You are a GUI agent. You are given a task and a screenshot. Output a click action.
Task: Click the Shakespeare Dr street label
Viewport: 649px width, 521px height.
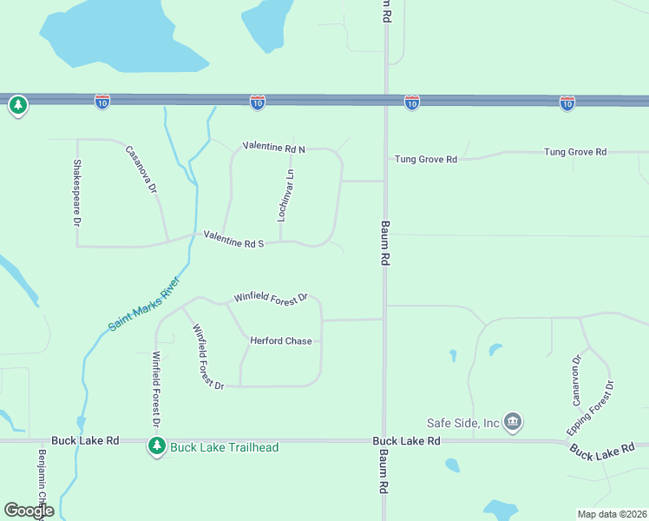pos(76,193)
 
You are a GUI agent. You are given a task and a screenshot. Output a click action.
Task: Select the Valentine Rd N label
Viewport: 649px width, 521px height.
pos(274,148)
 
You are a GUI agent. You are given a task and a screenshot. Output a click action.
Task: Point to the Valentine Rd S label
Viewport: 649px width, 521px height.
pos(233,240)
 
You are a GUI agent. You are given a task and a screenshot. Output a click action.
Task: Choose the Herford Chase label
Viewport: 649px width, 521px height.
pos(280,341)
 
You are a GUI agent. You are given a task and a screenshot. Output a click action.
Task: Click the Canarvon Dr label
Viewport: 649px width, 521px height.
pos(576,380)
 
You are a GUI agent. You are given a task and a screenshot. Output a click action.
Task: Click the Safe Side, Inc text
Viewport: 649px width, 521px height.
pos(462,423)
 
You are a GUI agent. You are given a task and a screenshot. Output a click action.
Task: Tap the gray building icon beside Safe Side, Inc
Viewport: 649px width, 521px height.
pos(512,422)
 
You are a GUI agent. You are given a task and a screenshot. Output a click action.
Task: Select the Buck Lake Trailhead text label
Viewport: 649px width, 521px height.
pos(225,447)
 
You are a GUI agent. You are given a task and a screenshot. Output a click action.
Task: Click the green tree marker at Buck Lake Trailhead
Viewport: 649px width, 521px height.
pos(156,446)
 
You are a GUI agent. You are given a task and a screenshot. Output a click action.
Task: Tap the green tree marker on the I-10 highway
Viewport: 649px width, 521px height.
pos(17,106)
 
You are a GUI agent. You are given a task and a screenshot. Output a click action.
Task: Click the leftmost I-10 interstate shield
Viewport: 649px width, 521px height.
pos(102,102)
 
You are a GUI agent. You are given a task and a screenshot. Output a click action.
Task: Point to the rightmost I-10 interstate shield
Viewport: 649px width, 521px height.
pos(567,103)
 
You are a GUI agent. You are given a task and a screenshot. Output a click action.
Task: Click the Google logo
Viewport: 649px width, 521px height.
pos(29,511)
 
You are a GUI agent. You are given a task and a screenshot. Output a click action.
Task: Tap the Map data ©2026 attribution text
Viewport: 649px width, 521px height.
pos(612,514)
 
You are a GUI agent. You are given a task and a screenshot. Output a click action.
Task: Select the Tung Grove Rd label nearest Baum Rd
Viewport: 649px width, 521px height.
pos(425,160)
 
